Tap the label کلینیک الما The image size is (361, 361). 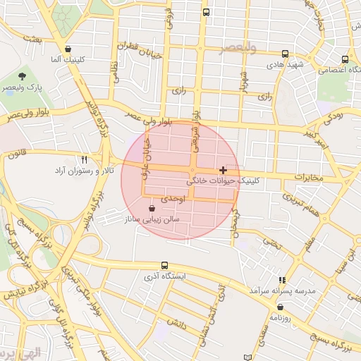68,61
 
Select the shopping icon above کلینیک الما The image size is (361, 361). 68,49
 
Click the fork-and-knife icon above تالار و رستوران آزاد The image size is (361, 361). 85,160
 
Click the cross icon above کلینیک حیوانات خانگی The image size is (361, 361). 224,170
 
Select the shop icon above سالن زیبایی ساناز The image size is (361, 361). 153,209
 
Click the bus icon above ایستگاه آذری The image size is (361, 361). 164,265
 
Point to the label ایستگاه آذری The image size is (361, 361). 164,276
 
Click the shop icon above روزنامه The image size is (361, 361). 281,307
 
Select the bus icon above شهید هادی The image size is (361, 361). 285,54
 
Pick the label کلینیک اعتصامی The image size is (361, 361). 342,71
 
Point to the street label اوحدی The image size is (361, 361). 173,200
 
